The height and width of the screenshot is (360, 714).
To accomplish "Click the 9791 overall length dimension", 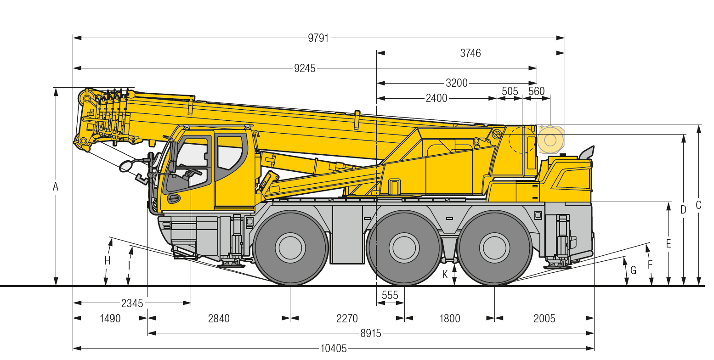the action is pyautogui.click(x=318, y=38).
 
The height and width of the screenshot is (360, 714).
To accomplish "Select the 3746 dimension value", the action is pyautogui.click(x=470, y=53).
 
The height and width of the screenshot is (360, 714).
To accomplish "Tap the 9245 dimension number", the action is pyautogui.click(x=305, y=68).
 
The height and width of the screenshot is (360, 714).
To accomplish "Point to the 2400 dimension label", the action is pyautogui.click(x=436, y=98).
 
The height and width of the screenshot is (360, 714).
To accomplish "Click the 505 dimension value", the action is pyautogui.click(x=510, y=91).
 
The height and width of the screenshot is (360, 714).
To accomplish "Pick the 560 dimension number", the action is pyautogui.click(x=537, y=91).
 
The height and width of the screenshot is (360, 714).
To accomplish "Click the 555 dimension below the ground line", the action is pyautogui.click(x=390, y=295).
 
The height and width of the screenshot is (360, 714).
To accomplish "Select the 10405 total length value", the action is pyautogui.click(x=334, y=348).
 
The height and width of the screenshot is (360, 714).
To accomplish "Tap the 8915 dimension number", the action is pyautogui.click(x=371, y=333).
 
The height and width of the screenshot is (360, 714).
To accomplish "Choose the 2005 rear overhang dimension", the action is pyautogui.click(x=544, y=318).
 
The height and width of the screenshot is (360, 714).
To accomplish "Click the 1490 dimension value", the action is pyautogui.click(x=110, y=318).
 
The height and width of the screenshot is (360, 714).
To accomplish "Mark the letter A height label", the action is pyautogui.click(x=56, y=187).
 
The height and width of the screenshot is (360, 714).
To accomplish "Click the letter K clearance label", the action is pyautogui.click(x=445, y=274).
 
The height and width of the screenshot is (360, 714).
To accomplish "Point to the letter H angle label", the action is pyautogui.click(x=108, y=261).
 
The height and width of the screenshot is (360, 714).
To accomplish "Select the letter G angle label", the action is pyautogui.click(x=633, y=270).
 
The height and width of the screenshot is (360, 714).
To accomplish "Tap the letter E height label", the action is pyautogui.click(x=669, y=244).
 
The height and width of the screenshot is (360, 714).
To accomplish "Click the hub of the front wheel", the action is pyautogui.click(x=290, y=248).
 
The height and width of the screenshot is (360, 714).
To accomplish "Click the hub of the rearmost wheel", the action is pyautogui.click(x=494, y=248).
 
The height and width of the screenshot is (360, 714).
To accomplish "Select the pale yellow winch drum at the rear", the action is pyautogui.click(x=550, y=140).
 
